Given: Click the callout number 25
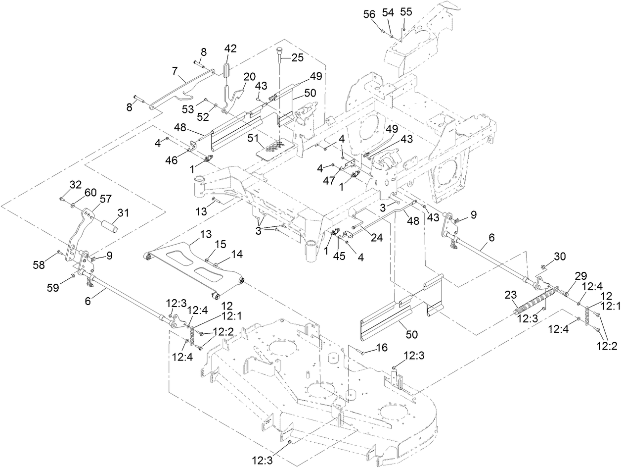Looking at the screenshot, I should click(297, 57).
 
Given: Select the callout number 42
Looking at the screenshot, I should click(230, 49).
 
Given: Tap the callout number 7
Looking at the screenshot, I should click(175, 71).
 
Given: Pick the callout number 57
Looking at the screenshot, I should click(106, 199).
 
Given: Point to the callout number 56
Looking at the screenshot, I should click(370, 15).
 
